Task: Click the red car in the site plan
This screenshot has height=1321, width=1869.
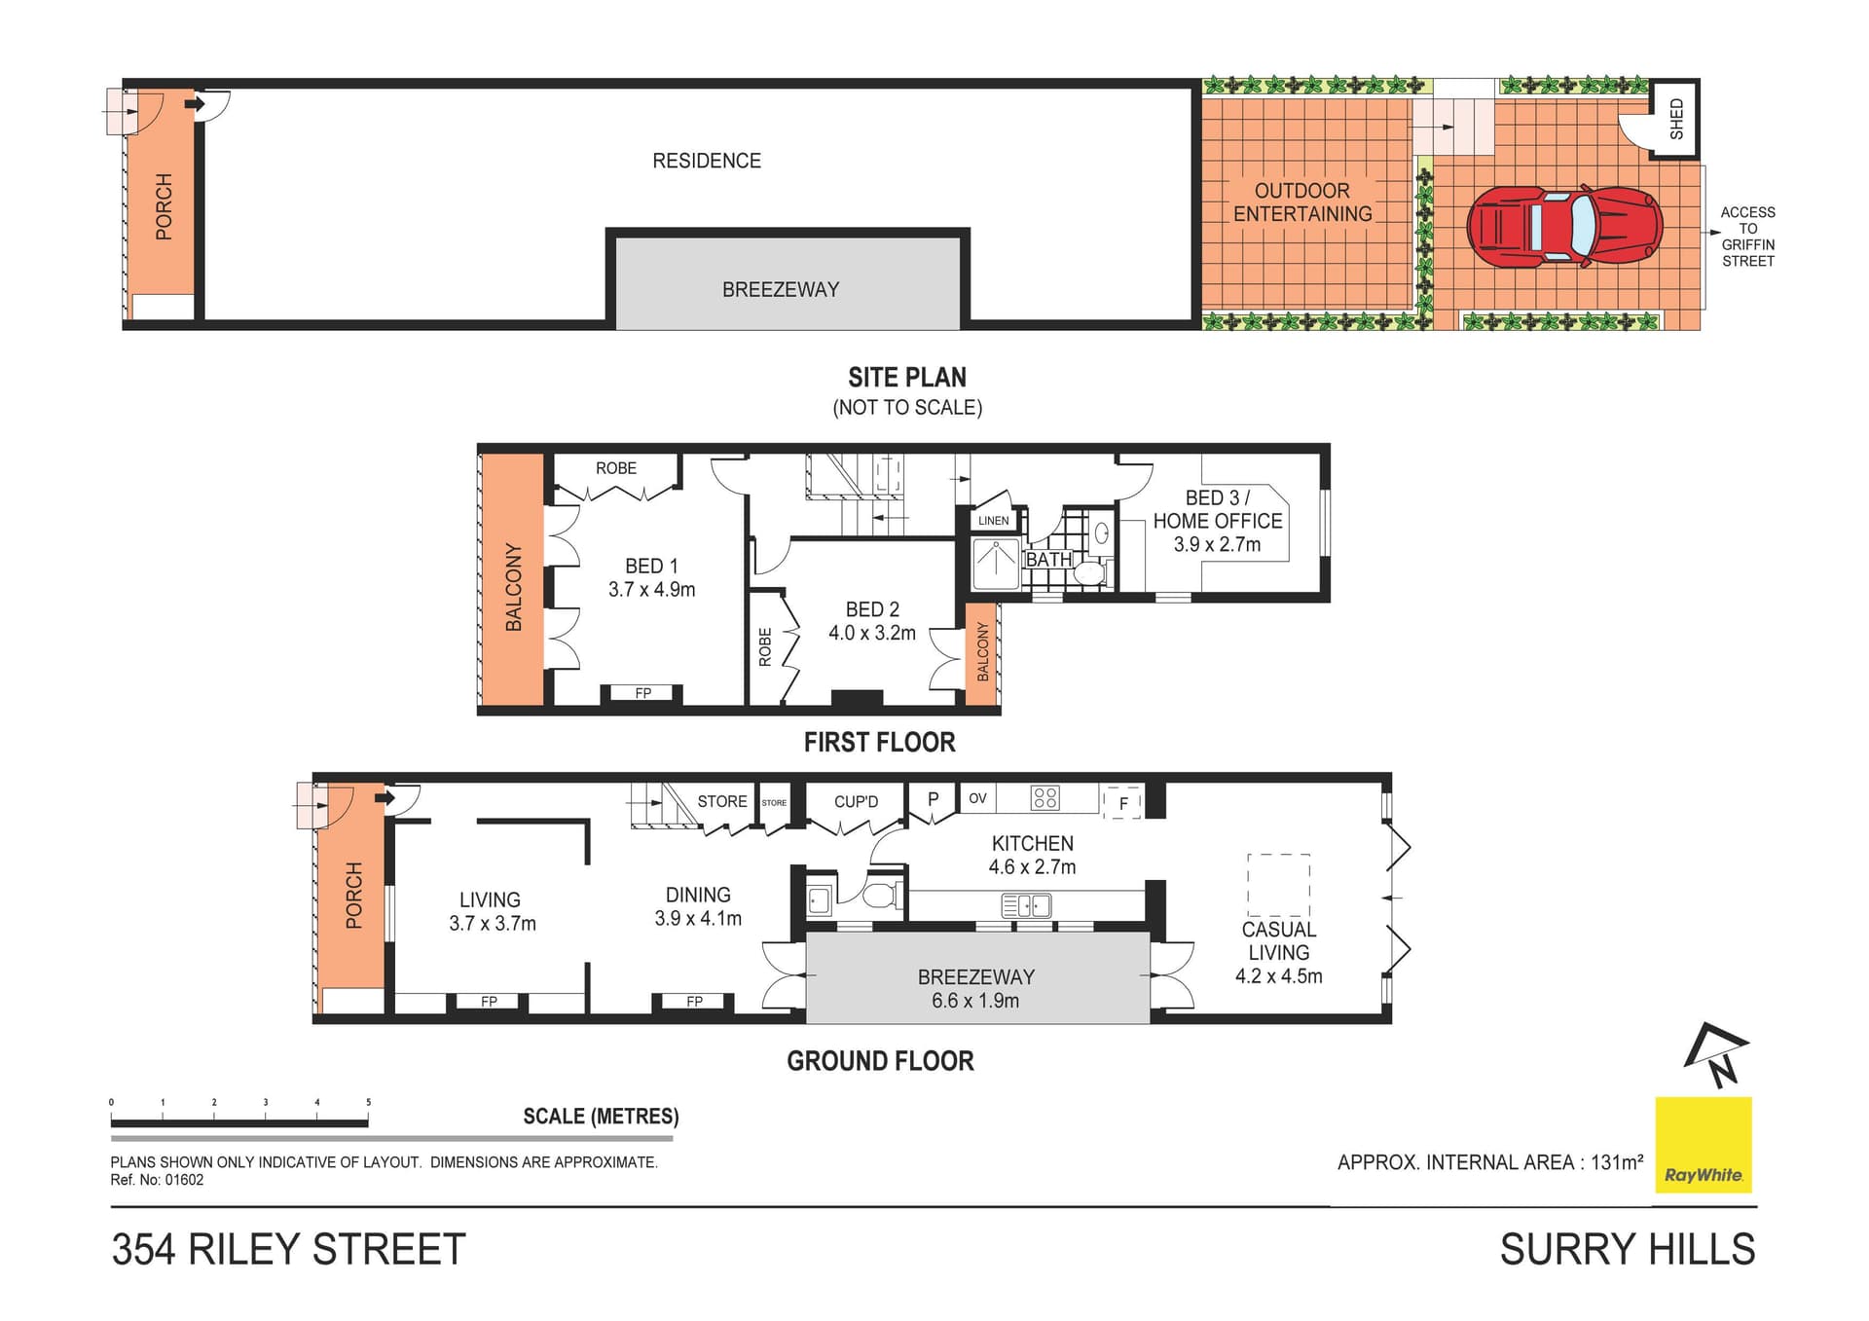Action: pyautogui.click(x=1564, y=227)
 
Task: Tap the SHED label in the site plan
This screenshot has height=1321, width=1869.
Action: pyautogui.click(x=1676, y=119)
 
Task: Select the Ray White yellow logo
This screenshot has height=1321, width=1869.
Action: pyautogui.click(x=1704, y=1145)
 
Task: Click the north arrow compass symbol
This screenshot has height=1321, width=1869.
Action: pyautogui.click(x=1716, y=1055)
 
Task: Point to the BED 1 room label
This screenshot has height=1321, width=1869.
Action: pyautogui.click(x=651, y=566)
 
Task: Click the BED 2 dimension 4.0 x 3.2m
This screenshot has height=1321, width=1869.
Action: pyautogui.click(x=871, y=633)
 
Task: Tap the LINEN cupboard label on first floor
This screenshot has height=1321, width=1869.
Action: pyautogui.click(x=993, y=521)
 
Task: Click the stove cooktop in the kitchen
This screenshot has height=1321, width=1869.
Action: pyautogui.click(x=1045, y=798)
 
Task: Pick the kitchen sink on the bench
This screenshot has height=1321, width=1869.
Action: pyautogui.click(x=1026, y=906)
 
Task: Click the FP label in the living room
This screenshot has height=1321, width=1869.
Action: pyautogui.click(x=489, y=1002)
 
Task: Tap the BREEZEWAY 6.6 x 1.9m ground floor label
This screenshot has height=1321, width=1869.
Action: pyautogui.click(x=975, y=988)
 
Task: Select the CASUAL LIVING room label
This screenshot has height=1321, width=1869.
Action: pyautogui.click(x=1278, y=941)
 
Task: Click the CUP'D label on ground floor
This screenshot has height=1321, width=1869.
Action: pyautogui.click(x=856, y=802)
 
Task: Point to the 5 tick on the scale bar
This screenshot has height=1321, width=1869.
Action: pyautogui.click(x=368, y=1103)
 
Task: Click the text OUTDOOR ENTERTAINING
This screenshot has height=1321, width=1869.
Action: pyautogui.click(x=1302, y=202)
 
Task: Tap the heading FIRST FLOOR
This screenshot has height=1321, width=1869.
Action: pyautogui.click(x=879, y=743)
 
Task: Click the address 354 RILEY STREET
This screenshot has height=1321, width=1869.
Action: pyautogui.click(x=289, y=1250)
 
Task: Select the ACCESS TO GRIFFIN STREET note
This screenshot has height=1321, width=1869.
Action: pyautogui.click(x=1747, y=237)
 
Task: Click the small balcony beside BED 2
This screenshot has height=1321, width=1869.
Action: pyautogui.click(x=981, y=652)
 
